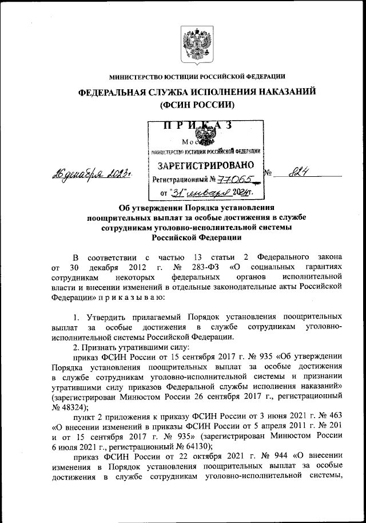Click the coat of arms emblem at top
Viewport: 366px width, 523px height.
pos(197,45)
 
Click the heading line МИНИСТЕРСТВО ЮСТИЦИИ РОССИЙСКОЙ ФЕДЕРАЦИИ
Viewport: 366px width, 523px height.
pos(197,77)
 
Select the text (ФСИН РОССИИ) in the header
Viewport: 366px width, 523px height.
pos(197,105)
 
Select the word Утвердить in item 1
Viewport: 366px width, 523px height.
pos(105,316)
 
